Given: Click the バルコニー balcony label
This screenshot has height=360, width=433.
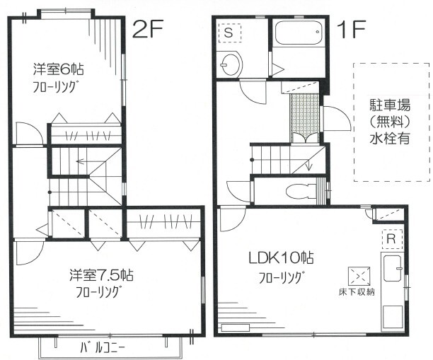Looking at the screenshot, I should (102, 347).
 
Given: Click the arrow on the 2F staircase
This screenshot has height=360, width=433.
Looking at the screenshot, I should (79, 162).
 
